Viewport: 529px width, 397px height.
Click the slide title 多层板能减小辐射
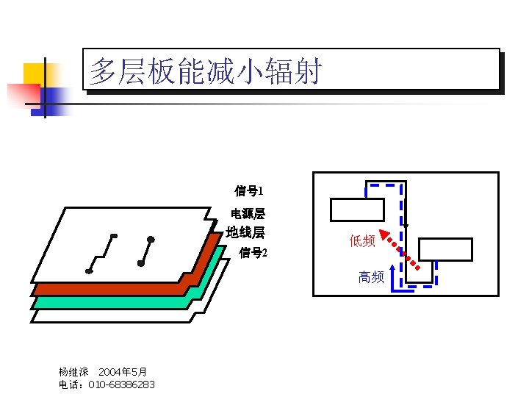click(x=206, y=71)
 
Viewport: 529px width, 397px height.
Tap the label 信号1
click(x=249, y=191)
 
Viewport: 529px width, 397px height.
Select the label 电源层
click(x=248, y=214)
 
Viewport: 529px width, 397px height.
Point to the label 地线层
click(x=245, y=233)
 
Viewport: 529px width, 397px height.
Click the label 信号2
click(x=253, y=253)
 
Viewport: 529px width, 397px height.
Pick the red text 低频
click(x=362, y=240)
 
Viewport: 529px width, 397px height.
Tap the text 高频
click(x=371, y=276)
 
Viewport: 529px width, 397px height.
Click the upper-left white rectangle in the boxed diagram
click(x=357, y=210)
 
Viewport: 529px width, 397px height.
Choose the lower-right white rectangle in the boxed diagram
click(x=445, y=249)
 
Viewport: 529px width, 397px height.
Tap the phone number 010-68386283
click(x=121, y=385)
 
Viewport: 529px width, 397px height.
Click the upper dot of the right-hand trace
click(x=151, y=239)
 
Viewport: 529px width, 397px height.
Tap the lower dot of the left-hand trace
click(x=89, y=271)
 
